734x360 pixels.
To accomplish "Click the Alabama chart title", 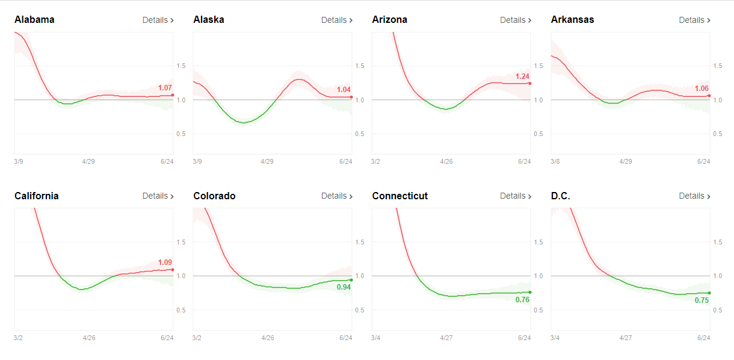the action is pos(34,20).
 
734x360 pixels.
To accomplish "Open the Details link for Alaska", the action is pos(337,20).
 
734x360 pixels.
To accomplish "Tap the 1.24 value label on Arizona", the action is pos(522,76).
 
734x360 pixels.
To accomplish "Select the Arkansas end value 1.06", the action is pos(702,88).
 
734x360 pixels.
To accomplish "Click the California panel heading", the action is pos(36,196).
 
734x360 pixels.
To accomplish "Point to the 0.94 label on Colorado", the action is pos(344,287).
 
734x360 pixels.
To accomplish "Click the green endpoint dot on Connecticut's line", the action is pos(530,292).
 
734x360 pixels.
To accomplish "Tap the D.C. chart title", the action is pos(560,196).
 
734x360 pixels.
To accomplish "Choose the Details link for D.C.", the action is pos(695,196).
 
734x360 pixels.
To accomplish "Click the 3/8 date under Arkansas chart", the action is pos(555,161).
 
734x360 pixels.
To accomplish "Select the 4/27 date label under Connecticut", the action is pos(446,338).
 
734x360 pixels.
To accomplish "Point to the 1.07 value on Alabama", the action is pos(165,87).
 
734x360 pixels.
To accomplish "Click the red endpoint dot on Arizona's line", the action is pos(530,84).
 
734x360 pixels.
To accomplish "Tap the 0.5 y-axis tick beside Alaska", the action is pos(359,134).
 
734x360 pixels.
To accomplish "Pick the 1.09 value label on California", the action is pos(165,262).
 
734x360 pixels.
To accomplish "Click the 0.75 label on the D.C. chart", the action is pos(702,300).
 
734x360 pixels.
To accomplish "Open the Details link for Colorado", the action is pos(337,196).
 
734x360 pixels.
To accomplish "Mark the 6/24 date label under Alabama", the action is pos(167,161).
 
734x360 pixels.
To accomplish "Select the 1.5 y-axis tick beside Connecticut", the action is pos(538,242).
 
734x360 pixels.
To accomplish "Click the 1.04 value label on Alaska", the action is pos(344,90).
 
